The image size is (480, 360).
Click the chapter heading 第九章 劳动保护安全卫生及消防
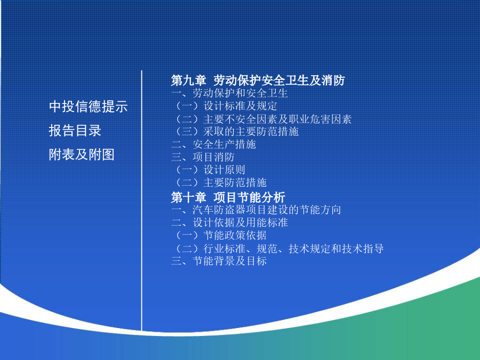(x=258, y=81)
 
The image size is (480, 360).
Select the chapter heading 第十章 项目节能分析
(x=228, y=197)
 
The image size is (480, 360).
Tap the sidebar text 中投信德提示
(x=88, y=107)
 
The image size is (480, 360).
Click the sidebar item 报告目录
(x=75, y=131)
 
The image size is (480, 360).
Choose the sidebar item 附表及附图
(x=82, y=154)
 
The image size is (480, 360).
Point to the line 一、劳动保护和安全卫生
(x=229, y=93)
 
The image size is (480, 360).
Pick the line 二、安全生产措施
(x=214, y=144)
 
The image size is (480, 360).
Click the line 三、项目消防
(x=203, y=157)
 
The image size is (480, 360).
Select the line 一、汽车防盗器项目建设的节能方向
(x=256, y=210)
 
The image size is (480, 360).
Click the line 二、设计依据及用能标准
(x=229, y=222)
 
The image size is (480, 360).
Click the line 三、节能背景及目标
(x=219, y=261)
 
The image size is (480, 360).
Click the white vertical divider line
(x=142, y=201)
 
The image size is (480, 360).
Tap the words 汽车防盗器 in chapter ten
(x=219, y=210)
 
